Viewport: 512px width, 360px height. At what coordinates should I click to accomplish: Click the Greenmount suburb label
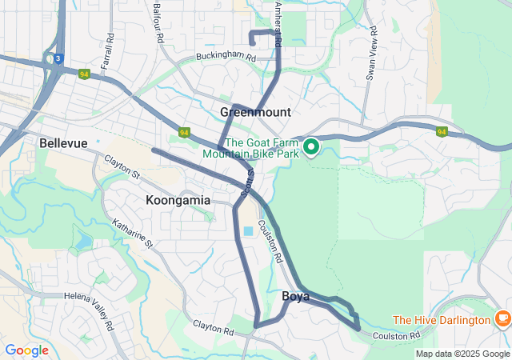(255, 112)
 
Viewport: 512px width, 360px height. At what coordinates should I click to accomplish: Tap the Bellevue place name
(63, 142)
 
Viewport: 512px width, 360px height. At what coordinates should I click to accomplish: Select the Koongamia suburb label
(178, 199)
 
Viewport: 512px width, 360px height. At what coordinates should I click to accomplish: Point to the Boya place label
(296, 296)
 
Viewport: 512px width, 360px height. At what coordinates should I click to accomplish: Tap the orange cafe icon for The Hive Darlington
(502, 318)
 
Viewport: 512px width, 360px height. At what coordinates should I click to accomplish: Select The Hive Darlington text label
(442, 320)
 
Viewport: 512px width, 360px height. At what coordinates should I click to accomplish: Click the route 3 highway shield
(58, 58)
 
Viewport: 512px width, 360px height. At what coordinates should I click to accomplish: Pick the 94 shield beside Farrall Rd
(84, 74)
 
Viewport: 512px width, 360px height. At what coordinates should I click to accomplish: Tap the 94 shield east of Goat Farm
(441, 132)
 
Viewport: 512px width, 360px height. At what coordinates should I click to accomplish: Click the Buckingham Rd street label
(226, 58)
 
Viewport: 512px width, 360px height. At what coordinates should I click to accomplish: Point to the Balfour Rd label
(157, 22)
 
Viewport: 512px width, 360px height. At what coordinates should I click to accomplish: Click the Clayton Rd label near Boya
(213, 327)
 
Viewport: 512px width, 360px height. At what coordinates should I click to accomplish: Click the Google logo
(26, 350)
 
